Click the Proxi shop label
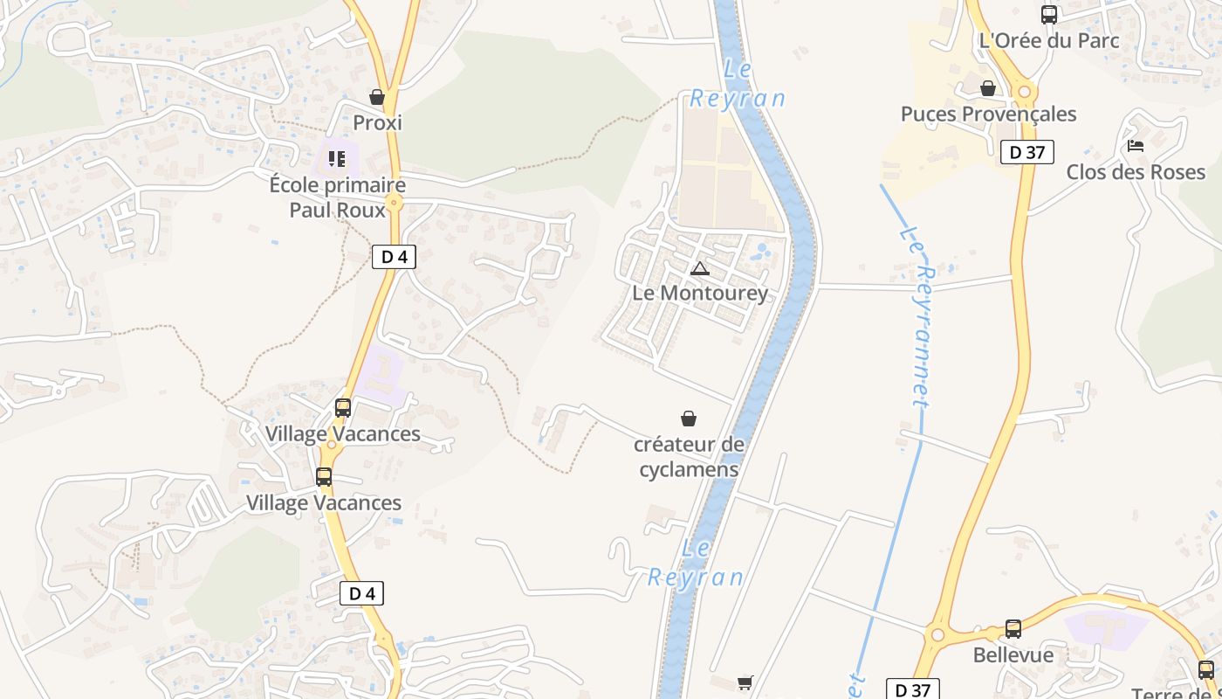(x=377, y=123)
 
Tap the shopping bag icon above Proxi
(x=377, y=97)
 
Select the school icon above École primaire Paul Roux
(x=337, y=159)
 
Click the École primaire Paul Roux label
(x=338, y=197)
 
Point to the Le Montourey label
(x=700, y=293)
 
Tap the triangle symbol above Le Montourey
(x=699, y=268)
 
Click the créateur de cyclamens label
(x=689, y=457)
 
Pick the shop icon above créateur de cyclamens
(x=689, y=419)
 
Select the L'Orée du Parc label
(x=1049, y=40)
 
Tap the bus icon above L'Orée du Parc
(x=1049, y=15)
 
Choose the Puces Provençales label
(x=988, y=114)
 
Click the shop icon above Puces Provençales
(x=988, y=88)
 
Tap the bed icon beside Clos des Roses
(x=1136, y=146)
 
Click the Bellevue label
(x=1013, y=655)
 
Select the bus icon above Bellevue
(x=1013, y=629)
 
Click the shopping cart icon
(x=745, y=682)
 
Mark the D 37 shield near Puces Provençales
(x=1026, y=152)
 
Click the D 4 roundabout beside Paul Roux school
(x=394, y=203)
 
